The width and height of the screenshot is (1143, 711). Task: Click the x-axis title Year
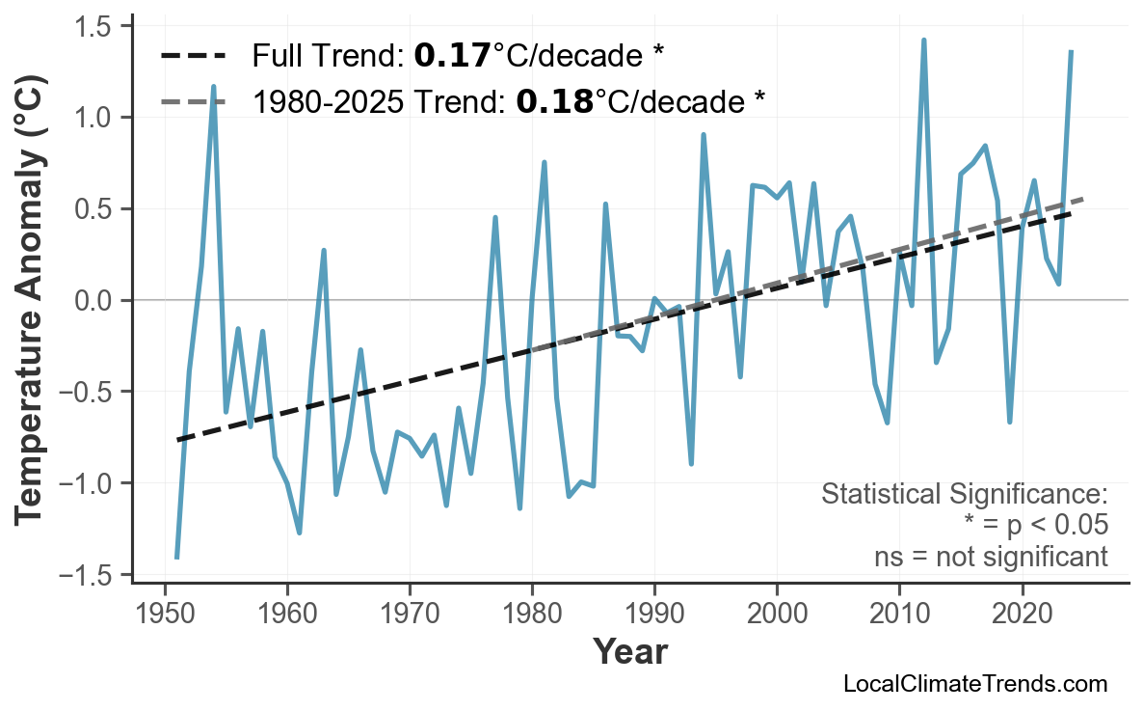(629, 652)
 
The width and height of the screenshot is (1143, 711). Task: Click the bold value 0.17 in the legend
(452, 57)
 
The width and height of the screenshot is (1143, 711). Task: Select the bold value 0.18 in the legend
(554, 100)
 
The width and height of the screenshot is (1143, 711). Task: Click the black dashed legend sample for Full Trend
(193, 57)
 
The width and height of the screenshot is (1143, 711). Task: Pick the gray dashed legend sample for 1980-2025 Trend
(193, 100)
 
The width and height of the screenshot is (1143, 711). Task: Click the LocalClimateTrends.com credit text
(974, 684)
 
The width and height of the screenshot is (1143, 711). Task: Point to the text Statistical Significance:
(964, 495)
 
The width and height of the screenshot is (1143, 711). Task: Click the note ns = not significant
(990, 557)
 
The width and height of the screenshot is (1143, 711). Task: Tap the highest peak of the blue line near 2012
(923, 41)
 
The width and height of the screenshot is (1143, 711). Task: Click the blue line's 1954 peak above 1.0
(213, 87)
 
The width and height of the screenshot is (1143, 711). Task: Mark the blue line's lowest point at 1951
(177, 557)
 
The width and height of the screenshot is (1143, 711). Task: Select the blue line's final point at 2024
(1071, 51)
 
